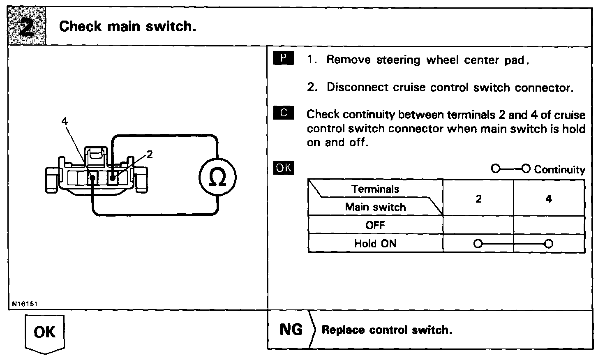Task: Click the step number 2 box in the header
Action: pyautogui.click(x=27, y=27)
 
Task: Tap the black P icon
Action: pyautogui.click(x=283, y=58)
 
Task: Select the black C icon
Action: pyautogui.click(x=283, y=113)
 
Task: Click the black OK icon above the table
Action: pyautogui.click(x=284, y=168)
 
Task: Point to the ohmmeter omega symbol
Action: pyautogui.click(x=217, y=178)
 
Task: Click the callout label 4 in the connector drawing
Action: pyautogui.click(x=64, y=121)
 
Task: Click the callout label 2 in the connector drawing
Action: pyautogui.click(x=150, y=154)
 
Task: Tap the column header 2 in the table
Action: pyautogui.click(x=478, y=199)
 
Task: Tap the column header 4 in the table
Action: pyautogui.click(x=549, y=199)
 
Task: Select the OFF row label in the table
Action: pyautogui.click(x=375, y=225)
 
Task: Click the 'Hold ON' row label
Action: pyautogui.click(x=375, y=243)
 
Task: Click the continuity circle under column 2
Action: pyautogui.click(x=478, y=244)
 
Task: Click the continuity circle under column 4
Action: pyautogui.click(x=549, y=244)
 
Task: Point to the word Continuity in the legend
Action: pyautogui.click(x=559, y=169)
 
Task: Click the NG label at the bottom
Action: pyautogui.click(x=291, y=330)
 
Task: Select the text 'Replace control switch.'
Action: pyautogui.click(x=387, y=330)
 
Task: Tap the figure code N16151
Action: pyautogui.click(x=25, y=304)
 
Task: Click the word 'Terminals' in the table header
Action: pyautogui.click(x=375, y=189)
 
